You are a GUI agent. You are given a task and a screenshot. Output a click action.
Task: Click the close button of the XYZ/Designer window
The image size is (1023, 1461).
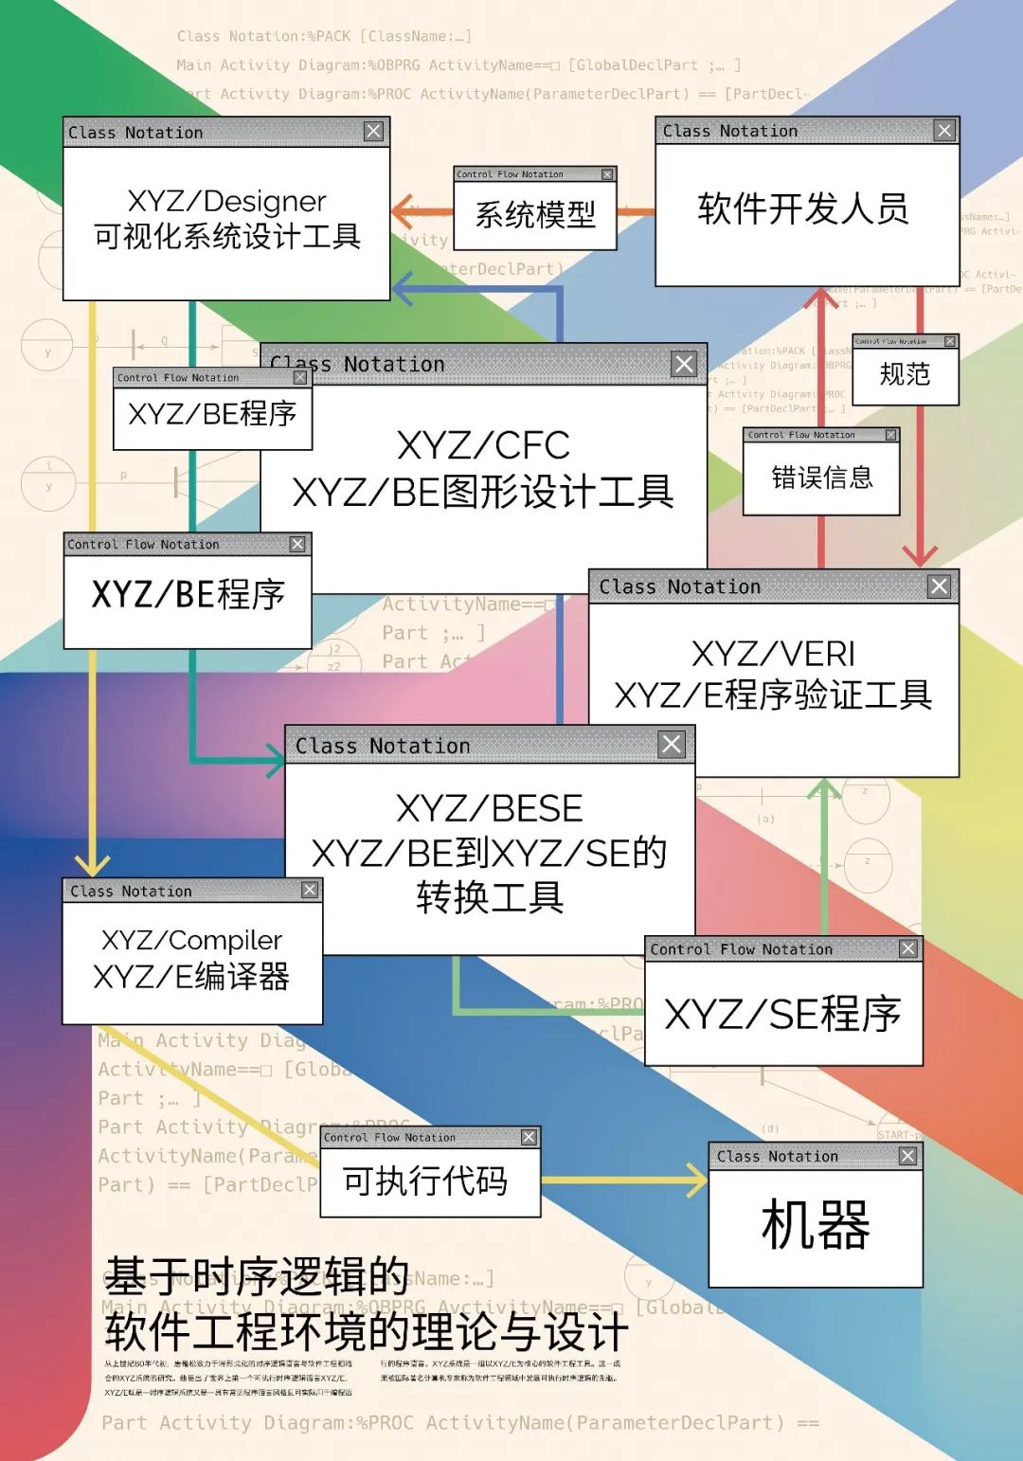pyautogui.click(x=374, y=132)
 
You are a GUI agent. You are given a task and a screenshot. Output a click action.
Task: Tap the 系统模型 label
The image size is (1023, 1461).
pyautogui.click(x=535, y=215)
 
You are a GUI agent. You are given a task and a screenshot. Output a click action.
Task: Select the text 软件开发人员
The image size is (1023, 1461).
pyautogui.click(x=803, y=208)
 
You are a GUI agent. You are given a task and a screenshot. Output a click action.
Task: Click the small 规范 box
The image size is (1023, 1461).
pyautogui.click(x=906, y=374)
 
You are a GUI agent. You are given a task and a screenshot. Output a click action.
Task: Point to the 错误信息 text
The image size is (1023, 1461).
pyautogui.click(x=821, y=477)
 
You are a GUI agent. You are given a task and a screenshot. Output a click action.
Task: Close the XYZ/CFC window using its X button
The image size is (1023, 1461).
pyautogui.click(x=684, y=364)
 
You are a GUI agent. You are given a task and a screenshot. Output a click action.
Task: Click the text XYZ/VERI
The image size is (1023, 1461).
pyautogui.click(x=773, y=654)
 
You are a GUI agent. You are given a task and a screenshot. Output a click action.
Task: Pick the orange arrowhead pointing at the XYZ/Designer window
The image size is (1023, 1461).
pyautogui.click(x=404, y=211)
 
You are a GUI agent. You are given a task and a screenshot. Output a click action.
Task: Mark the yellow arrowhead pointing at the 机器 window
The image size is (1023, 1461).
pyautogui.click(x=697, y=1181)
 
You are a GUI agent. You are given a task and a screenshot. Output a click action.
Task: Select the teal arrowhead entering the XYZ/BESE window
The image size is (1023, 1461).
pyautogui.click(x=276, y=761)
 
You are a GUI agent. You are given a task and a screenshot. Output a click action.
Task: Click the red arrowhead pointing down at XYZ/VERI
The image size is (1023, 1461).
pyautogui.click(x=919, y=555)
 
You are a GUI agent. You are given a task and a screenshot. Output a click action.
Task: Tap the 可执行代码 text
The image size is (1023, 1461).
pyautogui.click(x=425, y=1181)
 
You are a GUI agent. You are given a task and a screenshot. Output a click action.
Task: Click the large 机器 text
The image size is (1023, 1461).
pyautogui.click(x=816, y=1224)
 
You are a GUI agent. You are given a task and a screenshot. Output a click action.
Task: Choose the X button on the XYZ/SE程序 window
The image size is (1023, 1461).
pyautogui.click(x=908, y=948)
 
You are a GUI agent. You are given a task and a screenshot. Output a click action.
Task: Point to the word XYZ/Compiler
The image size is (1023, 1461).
pyautogui.click(x=191, y=940)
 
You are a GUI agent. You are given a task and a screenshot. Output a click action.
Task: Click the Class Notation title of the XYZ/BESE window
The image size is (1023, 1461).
pyautogui.click(x=383, y=746)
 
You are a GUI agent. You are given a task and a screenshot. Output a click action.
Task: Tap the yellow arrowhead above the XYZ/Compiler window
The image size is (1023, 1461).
pyautogui.click(x=93, y=864)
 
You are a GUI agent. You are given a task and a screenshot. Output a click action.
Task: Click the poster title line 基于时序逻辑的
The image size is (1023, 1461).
pyautogui.click(x=257, y=1276)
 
